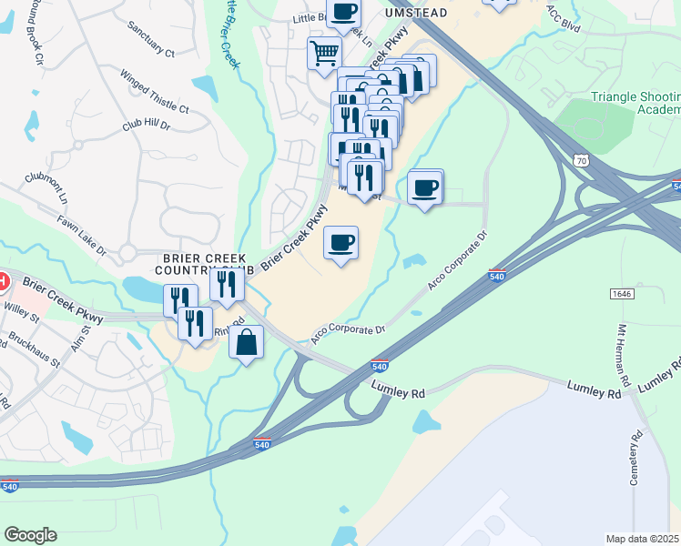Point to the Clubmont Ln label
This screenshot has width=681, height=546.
tap(46, 189)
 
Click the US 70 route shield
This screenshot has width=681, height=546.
tap(581, 161)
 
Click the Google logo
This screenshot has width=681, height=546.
tap(30, 535)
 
